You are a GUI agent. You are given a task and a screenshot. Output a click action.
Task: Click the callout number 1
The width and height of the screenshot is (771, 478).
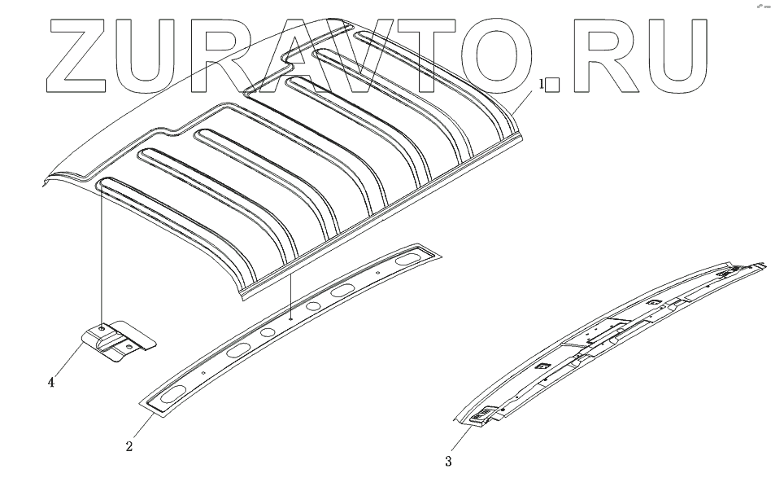coord(541,84)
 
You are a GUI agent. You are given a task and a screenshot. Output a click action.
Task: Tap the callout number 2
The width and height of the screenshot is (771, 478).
coord(129,445)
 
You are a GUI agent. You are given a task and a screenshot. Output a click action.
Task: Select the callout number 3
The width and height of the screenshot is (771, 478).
coord(449,462)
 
